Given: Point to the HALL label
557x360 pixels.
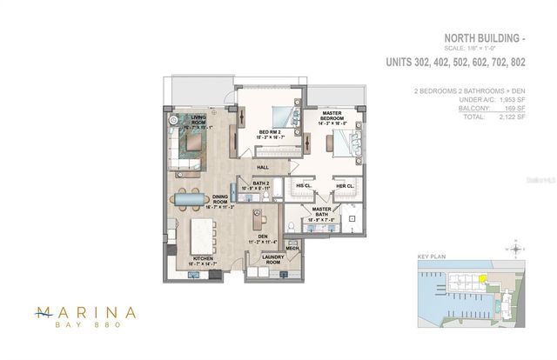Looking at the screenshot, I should click(260, 167).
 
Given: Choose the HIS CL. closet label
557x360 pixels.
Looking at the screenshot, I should click(304, 185).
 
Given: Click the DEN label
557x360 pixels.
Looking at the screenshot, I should click(262, 228).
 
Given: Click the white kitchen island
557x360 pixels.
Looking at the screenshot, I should click(203, 233).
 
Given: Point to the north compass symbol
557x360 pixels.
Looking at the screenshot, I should click(519, 250).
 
